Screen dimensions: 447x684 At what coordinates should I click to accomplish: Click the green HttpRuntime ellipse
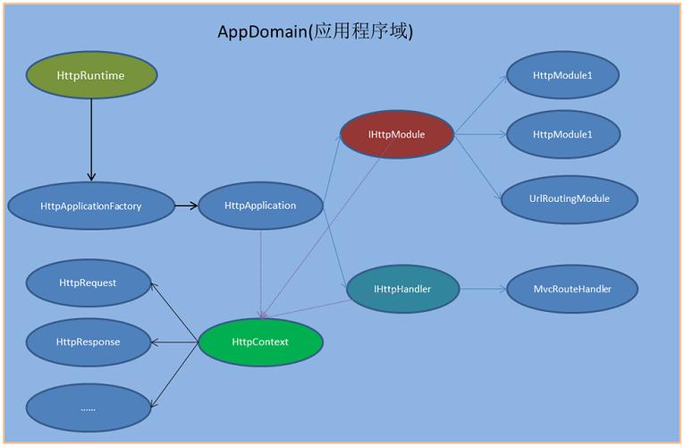90,75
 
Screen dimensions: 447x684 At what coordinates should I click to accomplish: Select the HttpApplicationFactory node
90,206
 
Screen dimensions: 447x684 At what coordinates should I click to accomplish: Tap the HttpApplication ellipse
260,206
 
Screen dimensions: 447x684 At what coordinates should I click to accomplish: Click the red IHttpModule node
396,135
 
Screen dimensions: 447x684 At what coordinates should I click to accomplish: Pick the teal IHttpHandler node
402,289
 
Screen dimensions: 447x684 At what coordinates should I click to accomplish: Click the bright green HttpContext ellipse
260,342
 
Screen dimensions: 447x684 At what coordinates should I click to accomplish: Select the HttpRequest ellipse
88,283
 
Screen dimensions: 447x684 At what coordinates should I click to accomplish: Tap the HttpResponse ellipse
88,342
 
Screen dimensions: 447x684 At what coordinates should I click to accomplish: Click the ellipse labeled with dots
88,408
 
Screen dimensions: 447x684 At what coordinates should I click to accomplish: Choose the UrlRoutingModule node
570,198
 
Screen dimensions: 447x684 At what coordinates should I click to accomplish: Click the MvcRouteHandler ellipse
572,289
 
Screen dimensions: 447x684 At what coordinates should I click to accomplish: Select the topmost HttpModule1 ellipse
562,75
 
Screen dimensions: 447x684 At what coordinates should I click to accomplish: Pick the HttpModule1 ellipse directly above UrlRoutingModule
562,135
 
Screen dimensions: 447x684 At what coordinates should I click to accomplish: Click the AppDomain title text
315,31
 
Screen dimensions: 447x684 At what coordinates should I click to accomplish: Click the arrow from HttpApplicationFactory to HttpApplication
186,206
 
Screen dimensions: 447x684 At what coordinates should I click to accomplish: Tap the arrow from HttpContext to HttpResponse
174,342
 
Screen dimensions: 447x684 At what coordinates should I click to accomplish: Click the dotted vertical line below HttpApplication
260,268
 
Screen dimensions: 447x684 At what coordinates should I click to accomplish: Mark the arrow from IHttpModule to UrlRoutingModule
476,166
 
